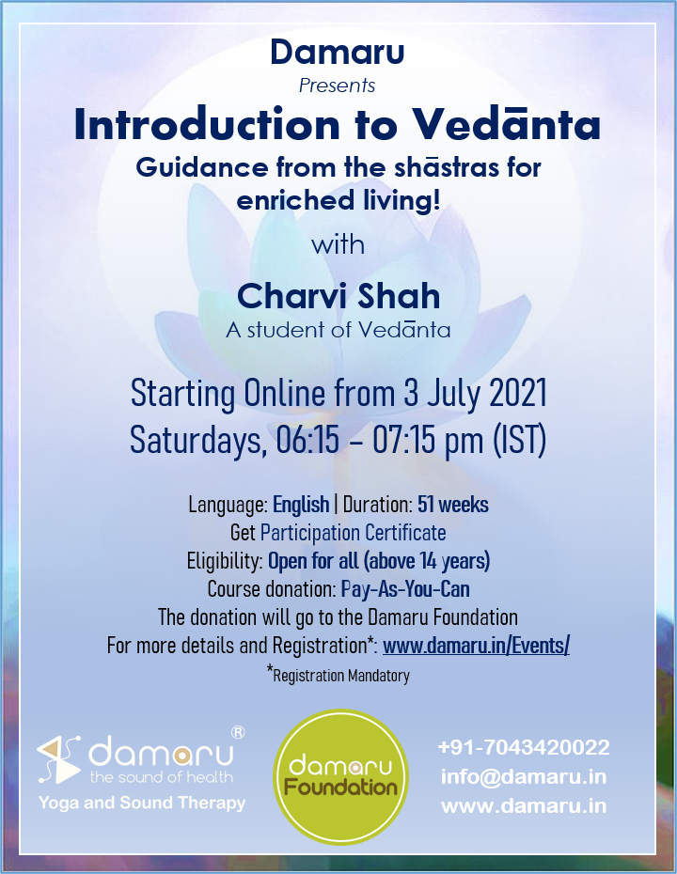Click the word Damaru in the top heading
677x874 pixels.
[338, 52]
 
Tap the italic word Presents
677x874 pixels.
[337, 86]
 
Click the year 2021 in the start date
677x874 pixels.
[517, 394]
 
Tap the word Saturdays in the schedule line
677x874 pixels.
[196, 441]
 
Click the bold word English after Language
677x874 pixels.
[301, 505]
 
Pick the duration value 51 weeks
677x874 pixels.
[453, 505]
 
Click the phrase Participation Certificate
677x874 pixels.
[353, 533]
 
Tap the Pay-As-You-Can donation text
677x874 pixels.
[405, 589]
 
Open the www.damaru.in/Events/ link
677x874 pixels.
[476, 646]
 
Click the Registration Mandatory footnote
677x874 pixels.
[338, 675]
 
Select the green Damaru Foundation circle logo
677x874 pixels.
[340, 776]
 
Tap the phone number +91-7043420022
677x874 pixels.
[524, 747]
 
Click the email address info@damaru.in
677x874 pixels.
[524, 776]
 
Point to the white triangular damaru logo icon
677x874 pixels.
[59, 759]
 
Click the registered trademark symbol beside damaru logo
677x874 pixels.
[238, 732]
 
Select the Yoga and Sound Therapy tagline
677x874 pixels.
[142, 804]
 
